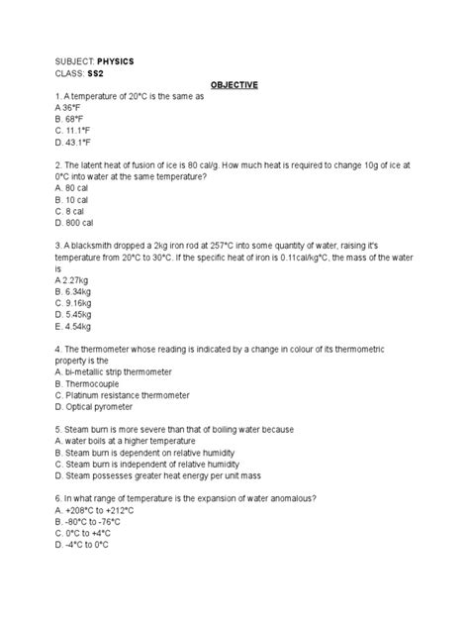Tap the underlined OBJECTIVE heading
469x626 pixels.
pos(234,85)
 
